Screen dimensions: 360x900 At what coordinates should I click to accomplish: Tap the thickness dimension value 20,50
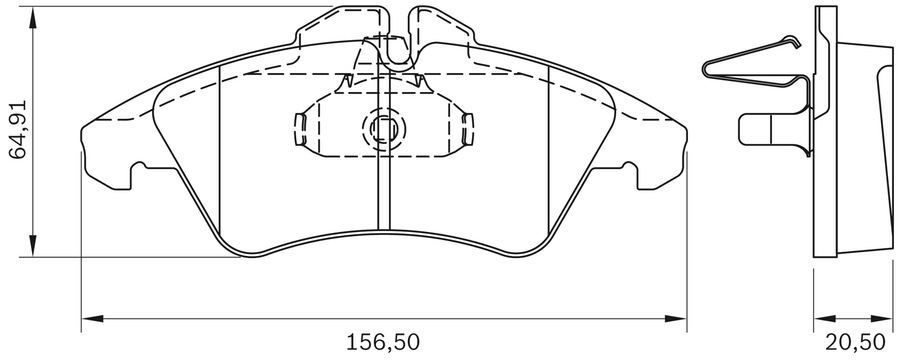tap(855, 341)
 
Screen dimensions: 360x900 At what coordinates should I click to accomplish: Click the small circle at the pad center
tap(382, 128)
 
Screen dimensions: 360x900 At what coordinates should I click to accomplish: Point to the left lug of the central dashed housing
tap(298, 126)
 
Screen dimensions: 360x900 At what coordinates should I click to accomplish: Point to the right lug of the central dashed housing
tap(467, 126)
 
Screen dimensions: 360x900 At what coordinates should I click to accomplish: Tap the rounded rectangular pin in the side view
tap(765, 128)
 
